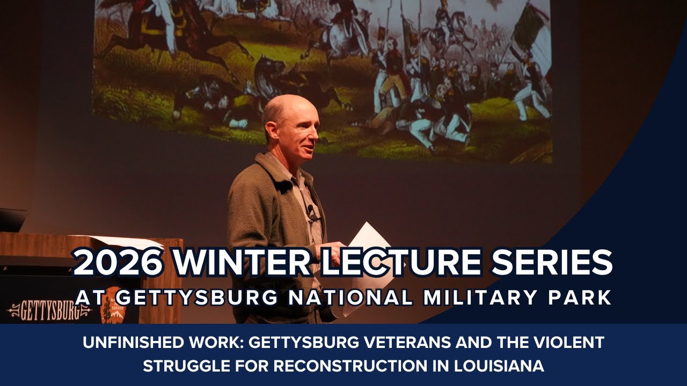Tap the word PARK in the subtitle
(581, 297)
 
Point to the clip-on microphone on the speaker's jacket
(310, 211)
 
